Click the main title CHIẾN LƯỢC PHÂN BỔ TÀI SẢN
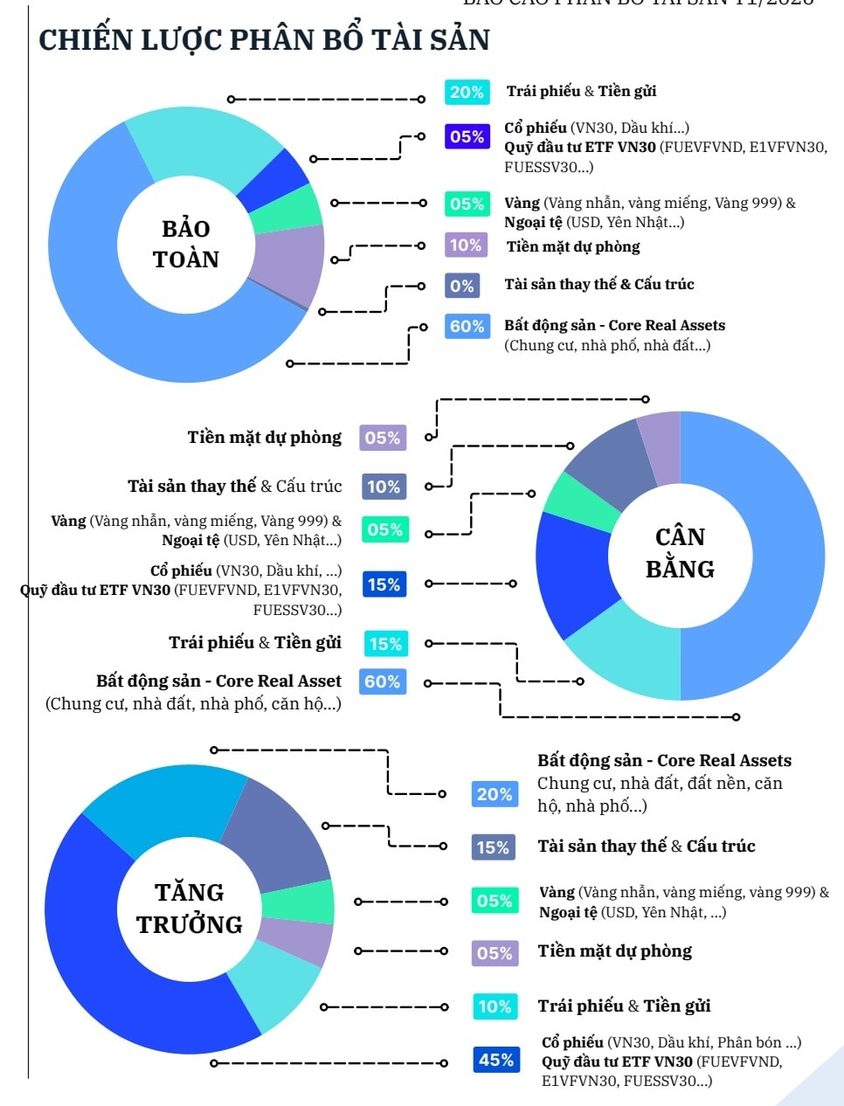264,40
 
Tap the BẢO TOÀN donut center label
186,244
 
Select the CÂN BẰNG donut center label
680,553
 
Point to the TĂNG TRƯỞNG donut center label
190,909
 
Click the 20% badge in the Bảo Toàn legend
467,92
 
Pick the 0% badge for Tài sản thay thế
462,286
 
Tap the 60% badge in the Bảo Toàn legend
467,327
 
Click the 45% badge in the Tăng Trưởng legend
495,1060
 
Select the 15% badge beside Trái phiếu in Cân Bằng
385,644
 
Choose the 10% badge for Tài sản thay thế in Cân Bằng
383,487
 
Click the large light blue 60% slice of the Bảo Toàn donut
96,288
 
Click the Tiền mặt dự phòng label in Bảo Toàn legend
573,246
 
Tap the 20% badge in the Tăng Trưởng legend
495,794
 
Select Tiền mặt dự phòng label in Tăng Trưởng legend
615,951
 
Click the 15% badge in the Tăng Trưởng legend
493,847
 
